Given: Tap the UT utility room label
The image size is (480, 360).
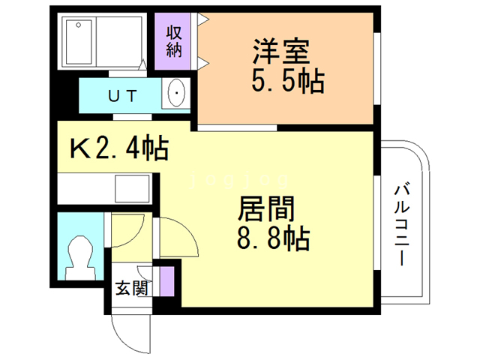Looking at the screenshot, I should (121, 95).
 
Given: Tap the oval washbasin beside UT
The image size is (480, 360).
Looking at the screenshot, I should (177, 94).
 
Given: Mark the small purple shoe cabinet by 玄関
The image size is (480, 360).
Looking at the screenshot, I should (166, 280).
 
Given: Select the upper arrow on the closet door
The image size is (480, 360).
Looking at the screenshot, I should (202, 19).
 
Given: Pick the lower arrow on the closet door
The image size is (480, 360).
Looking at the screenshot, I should (202, 61).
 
